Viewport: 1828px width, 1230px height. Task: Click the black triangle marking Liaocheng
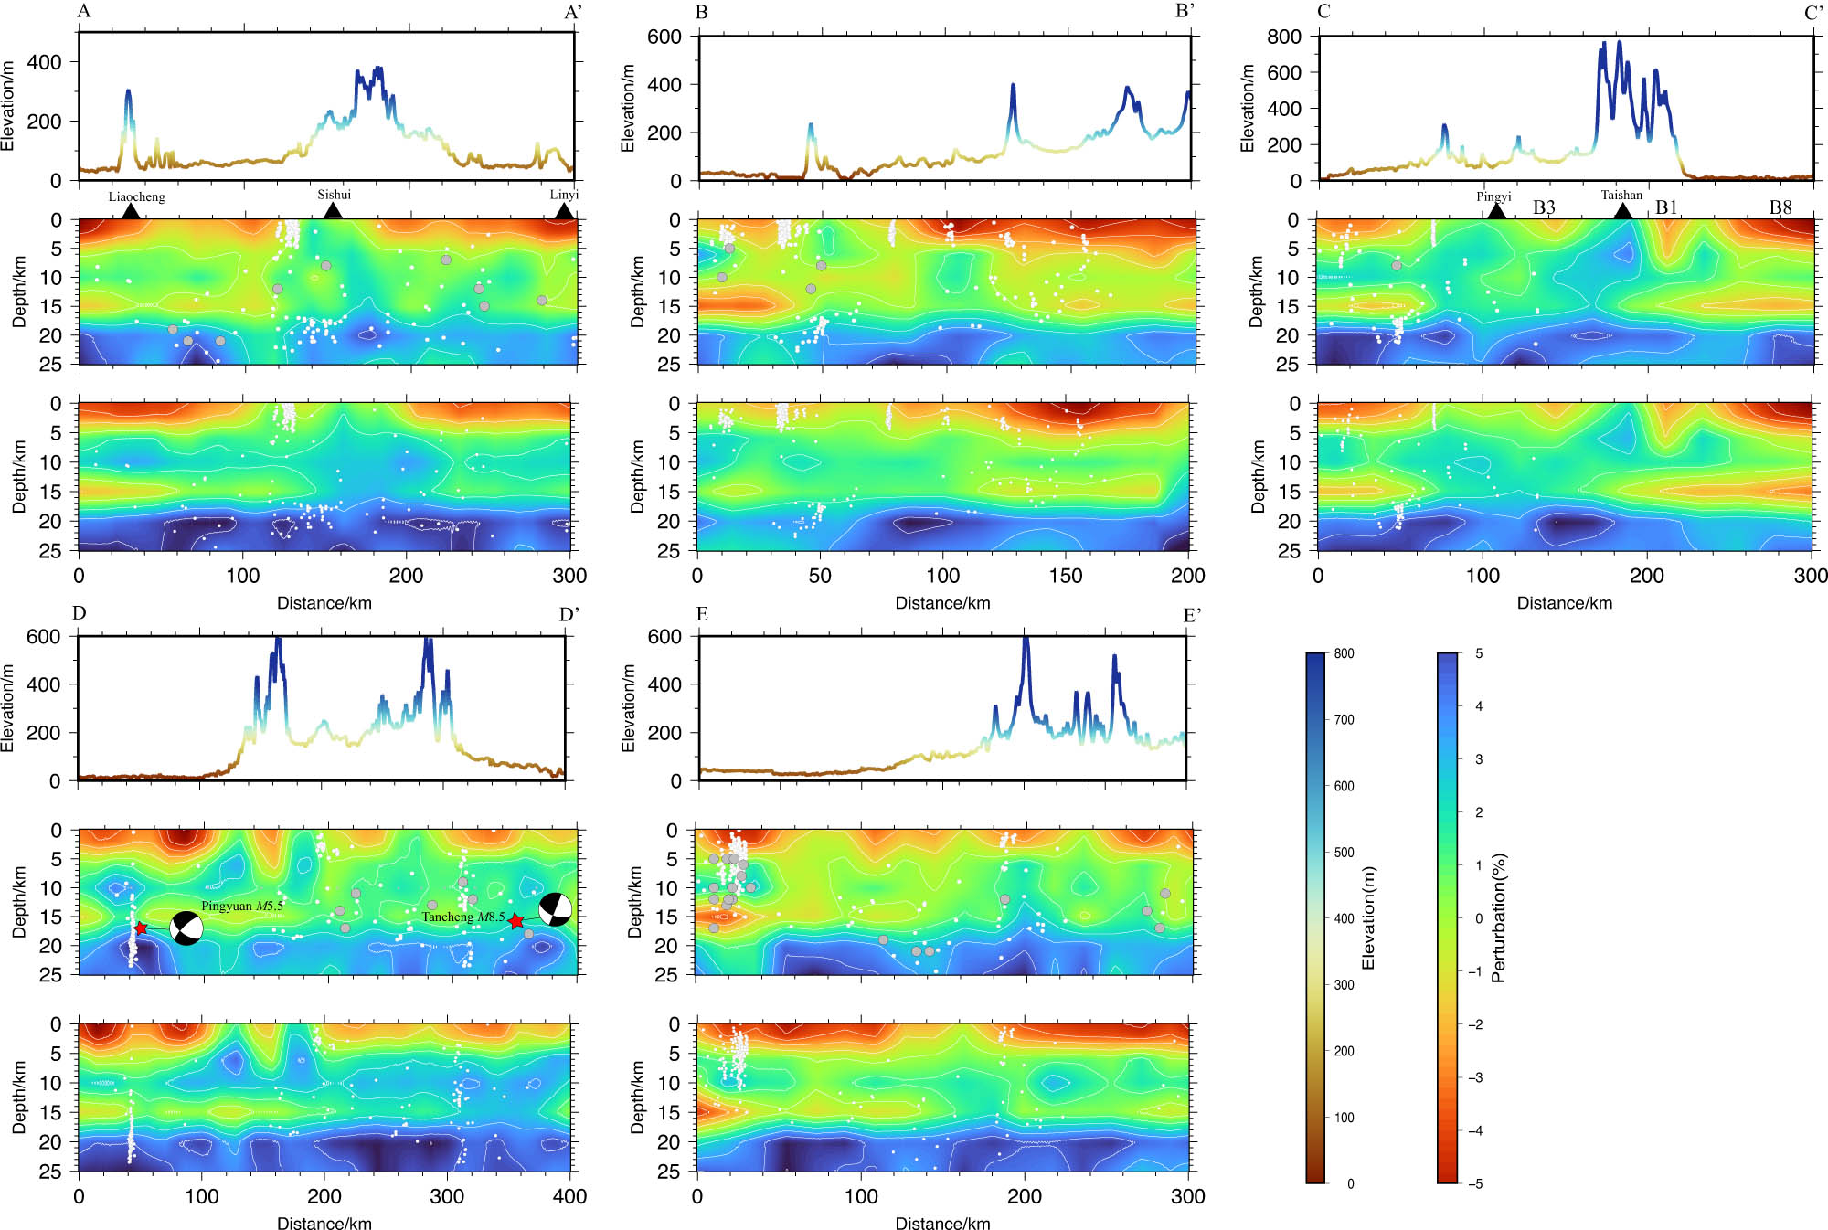[131, 211]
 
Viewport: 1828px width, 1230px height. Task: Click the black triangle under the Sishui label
[334, 211]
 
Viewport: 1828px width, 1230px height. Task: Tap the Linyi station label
[564, 195]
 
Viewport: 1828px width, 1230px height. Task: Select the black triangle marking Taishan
[1622, 211]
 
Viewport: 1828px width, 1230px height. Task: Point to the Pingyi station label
[1493, 196]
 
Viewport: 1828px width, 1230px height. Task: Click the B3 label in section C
[1544, 207]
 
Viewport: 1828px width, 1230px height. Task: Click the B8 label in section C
[1780, 207]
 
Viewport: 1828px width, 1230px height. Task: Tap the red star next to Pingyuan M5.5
[141, 928]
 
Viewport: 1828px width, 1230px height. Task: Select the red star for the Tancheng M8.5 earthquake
[516, 921]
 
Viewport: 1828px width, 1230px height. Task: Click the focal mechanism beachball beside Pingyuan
[186, 928]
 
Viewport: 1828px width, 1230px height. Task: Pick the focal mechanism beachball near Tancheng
[556, 909]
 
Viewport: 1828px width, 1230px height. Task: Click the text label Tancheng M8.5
[462, 917]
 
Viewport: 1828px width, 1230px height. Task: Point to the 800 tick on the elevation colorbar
[1344, 653]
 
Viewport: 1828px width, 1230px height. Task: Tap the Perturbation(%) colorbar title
[1498, 918]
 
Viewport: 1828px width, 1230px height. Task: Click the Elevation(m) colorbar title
[1368, 918]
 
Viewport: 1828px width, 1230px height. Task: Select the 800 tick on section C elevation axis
[1283, 37]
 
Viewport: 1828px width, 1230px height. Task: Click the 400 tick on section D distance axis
[570, 1196]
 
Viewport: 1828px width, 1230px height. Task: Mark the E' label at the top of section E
[1192, 615]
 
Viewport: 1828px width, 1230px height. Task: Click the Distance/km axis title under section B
[942, 603]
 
